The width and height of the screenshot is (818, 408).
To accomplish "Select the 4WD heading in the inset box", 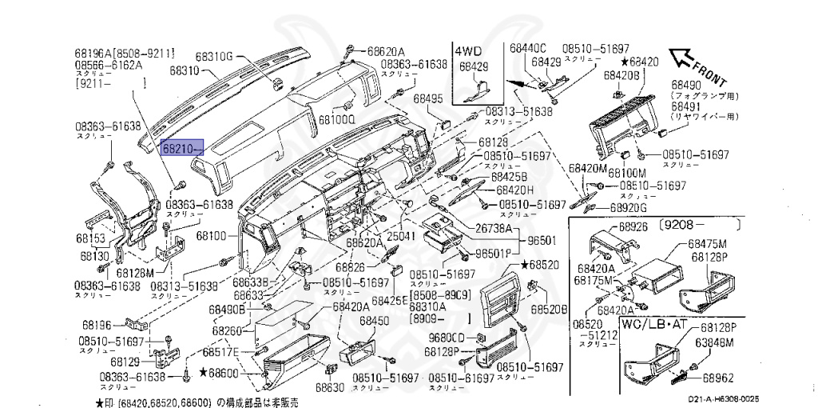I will pyautogui.click(x=470, y=50).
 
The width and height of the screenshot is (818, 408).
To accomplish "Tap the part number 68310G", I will pyautogui.click(x=212, y=56).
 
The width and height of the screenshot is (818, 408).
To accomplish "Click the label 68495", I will pyautogui.click(x=427, y=99).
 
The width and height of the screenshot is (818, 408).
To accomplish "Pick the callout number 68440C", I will pyautogui.click(x=527, y=48).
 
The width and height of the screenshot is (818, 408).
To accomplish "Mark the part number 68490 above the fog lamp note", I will pyautogui.click(x=685, y=84).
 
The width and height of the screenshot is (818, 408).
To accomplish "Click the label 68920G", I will pyautogui.click(x=628, y=208).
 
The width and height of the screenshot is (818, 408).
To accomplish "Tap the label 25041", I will pyautogui.click(x=401, y=237).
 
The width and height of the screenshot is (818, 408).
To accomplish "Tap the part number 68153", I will pyautogui.click(x=91, y=238).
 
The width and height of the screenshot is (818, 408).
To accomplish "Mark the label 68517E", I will pyautogui.click(x=220, y=352).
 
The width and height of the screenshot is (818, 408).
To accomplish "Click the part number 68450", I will pyautogui.click(x=374, y=321).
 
